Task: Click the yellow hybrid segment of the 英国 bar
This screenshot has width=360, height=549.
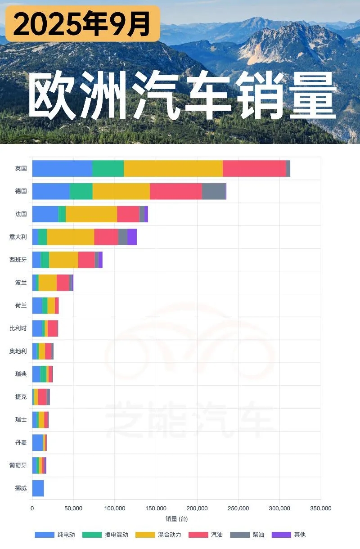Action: (x=173, y=168)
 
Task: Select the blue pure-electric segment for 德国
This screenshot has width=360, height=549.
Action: (x=51, y=191)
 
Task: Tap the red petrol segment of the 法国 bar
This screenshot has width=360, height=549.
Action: (x=128, y=214)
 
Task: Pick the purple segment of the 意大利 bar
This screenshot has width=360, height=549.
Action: (x=132, y=237)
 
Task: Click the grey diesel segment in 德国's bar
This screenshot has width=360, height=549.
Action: (x=214, y=191)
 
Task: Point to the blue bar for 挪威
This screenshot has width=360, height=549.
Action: (x=38, y=488)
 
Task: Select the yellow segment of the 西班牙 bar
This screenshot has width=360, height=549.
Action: (x=63, y=260)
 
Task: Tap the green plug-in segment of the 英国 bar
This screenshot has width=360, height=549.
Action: (x=108, y=168)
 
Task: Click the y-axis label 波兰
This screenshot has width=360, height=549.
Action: (x=21, y=283)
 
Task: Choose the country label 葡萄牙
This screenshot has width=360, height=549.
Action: (x=18, y=465)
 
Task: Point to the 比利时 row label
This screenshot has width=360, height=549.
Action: (x=18, y=328)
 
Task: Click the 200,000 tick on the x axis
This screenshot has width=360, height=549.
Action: (x=197, y=508)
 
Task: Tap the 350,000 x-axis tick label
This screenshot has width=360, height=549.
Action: (x=320, y=508)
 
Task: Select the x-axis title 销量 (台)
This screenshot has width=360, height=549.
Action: (x=176, y=519)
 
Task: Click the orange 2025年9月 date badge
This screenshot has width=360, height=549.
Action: (x=82, y=23)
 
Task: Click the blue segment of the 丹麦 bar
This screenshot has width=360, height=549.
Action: (x=37, y=442)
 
